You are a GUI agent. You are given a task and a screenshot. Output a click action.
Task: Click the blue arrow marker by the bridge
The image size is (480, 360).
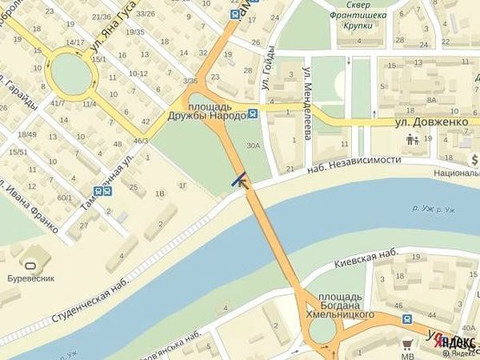[x=240, y=180]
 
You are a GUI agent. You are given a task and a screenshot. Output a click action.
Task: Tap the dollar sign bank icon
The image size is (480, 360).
[x=475, y=160]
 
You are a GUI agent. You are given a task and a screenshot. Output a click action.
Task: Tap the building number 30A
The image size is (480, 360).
[x=253, y=146]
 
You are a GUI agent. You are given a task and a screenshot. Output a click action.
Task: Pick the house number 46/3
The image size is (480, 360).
[x=140, y=140]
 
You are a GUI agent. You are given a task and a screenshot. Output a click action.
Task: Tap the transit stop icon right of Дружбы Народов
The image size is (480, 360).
[x=252, y=112]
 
